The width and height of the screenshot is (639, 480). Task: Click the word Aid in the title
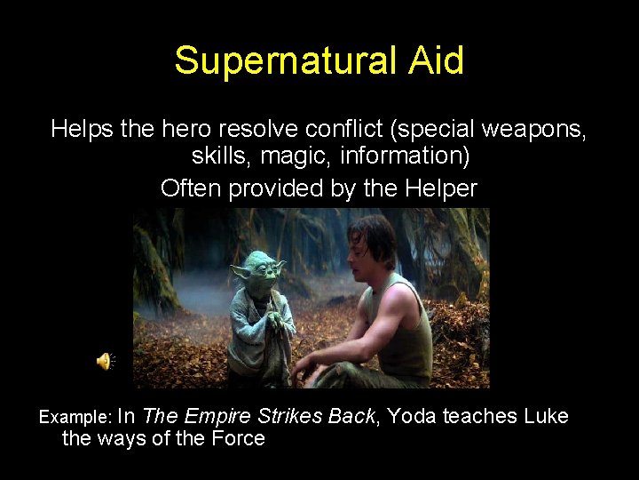tap(435, 60)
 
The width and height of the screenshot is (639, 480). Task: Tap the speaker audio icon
tap(105, 361)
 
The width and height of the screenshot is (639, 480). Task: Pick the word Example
tap(75, 417)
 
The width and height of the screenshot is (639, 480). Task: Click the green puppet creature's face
tap(260, 270)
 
